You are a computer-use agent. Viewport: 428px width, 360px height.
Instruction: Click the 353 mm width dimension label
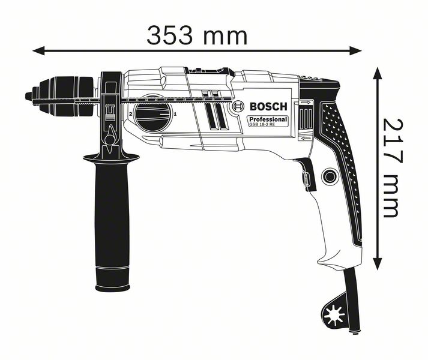coord(197,35)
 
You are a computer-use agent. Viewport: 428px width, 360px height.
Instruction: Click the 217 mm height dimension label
coord(391,167)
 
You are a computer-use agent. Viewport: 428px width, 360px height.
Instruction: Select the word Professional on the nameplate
coord(268,120)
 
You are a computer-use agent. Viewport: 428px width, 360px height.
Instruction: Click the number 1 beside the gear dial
coord(175,113)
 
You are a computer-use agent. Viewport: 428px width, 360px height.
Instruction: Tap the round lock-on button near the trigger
coord(329,176)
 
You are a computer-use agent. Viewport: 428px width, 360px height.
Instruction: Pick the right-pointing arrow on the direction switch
coord(306,104)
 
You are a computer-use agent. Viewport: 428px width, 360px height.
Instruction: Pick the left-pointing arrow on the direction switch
coord(306,139)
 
